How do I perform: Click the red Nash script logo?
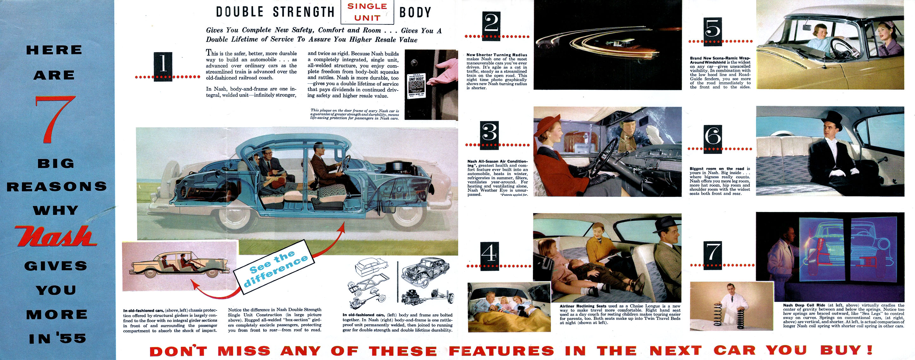click(x=56, y=236)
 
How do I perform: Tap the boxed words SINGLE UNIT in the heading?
click(x=367, y=12)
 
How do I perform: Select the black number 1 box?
click(x=163, y=66)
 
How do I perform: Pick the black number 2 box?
click(x=491, y=25)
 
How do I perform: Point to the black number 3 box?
click(x=489, y=135)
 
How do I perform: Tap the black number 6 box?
click(x=713, y=139)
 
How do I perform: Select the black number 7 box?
click(x=713, y=255)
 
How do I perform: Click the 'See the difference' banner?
click(x=274, y=267)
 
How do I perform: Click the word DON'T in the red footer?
click(x=178, y=351)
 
